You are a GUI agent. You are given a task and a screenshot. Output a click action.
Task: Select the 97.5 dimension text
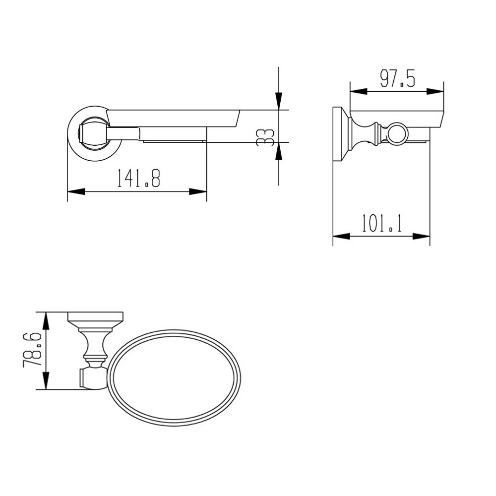pyautogui.click(x=397, y=79)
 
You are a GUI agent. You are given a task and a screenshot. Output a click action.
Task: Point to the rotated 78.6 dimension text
pyautogui.click(x=31, y=350)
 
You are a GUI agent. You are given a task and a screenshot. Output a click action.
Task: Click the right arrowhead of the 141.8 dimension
pyautogui.click(x=198, y=191)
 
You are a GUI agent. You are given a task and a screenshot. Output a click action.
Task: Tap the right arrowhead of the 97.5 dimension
pyautogui.click(x=434, y=91)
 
